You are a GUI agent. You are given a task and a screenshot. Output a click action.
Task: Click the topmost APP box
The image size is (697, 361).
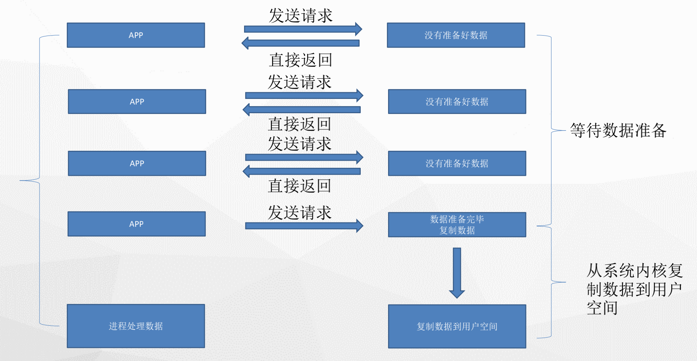(x=136, y=35)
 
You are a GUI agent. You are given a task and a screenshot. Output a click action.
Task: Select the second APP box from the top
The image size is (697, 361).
(x=137, y=102)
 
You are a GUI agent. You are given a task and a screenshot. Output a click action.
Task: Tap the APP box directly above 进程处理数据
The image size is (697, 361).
(x=136, y=224)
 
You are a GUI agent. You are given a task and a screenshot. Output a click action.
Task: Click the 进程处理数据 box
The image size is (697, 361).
(x=136, y=326)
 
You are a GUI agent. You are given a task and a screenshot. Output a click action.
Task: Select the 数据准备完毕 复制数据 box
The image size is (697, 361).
(x=457, y=225)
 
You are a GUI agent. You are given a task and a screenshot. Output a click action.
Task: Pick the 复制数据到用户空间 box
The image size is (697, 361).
(x=457, y=327)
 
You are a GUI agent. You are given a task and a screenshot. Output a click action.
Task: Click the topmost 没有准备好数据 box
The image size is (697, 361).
(x=456, y=35)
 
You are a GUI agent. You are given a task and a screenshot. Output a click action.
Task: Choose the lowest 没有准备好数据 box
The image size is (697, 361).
(x=457, y=163)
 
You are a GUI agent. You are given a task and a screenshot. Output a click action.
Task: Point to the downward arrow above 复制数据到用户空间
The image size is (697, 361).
(x=457, y=273)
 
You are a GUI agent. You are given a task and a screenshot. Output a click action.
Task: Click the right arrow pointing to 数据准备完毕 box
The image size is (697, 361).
(x=304, y=226)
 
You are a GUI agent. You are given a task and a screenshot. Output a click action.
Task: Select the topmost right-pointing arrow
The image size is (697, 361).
(x=303, y=29)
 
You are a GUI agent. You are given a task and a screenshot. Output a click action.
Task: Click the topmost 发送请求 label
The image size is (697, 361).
(x=301, y=16)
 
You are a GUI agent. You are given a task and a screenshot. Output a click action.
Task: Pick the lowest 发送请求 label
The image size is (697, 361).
(x=299, y=213)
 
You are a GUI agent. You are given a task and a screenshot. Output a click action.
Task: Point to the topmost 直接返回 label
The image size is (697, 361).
(x=301, y=60)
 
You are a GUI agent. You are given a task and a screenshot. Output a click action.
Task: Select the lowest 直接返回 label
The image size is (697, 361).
(x=299, y=186)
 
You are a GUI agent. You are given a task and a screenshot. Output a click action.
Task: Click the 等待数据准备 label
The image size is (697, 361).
(x=618, y=130)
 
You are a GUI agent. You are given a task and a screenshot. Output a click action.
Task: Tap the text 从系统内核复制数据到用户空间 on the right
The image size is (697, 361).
(x=634, y=289)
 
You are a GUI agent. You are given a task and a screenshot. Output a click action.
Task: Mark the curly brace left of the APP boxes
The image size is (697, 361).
(x=40, y=180)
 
